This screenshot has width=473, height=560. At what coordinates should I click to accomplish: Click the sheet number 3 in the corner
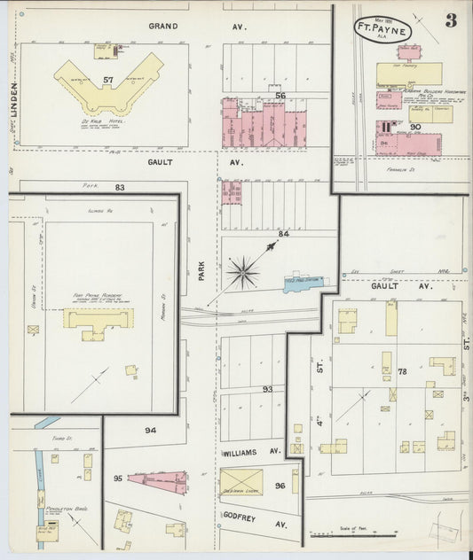[x=451, y=21]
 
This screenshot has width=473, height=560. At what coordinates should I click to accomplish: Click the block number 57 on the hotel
[x=109, y=80]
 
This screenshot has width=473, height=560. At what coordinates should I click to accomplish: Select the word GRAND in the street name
[x=164, y=27]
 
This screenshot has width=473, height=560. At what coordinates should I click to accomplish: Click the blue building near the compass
[x=304, y=283]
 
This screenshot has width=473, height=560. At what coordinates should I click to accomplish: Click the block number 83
[x=119, y=187]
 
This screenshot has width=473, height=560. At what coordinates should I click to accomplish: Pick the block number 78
[x=402, y=371]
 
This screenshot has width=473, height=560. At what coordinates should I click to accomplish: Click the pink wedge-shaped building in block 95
[x=160, y=481]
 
